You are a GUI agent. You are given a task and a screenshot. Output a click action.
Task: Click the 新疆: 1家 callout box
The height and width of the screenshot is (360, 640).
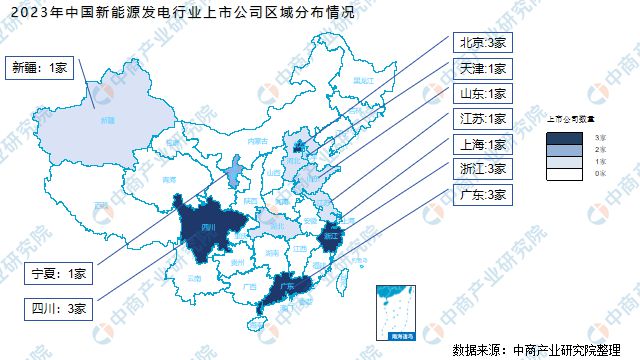(x=40, y=68)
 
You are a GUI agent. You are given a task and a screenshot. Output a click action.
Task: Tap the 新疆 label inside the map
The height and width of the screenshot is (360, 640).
(x=107, y=120)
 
